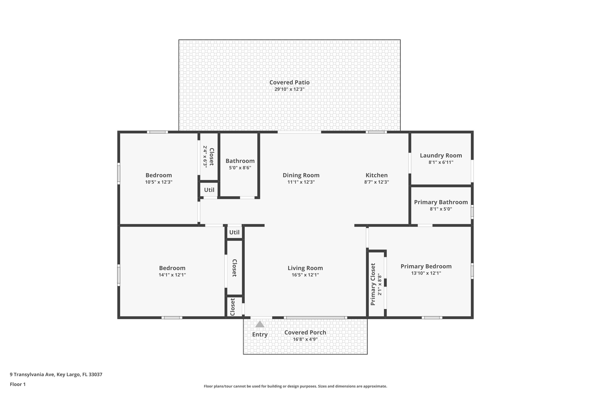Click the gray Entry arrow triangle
coord(260,324)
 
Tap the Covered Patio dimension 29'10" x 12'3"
coord(289,89)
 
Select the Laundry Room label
coord(441,156)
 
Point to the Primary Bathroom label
coord(441,202)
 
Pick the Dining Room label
coord(301,175)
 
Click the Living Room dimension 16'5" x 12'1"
coord(305,275)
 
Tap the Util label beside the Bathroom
coord(209,190)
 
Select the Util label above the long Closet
coord(234,232)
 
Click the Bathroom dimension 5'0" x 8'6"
coord(240,168)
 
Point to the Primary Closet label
coord(373,284)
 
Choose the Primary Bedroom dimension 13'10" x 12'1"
coord(426,273)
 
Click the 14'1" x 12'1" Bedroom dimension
coord(172,275)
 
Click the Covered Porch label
coord(305,333)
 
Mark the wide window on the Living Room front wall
coord(315,318)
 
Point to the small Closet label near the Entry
coord(232,307)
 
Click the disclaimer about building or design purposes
coord(295,386)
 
